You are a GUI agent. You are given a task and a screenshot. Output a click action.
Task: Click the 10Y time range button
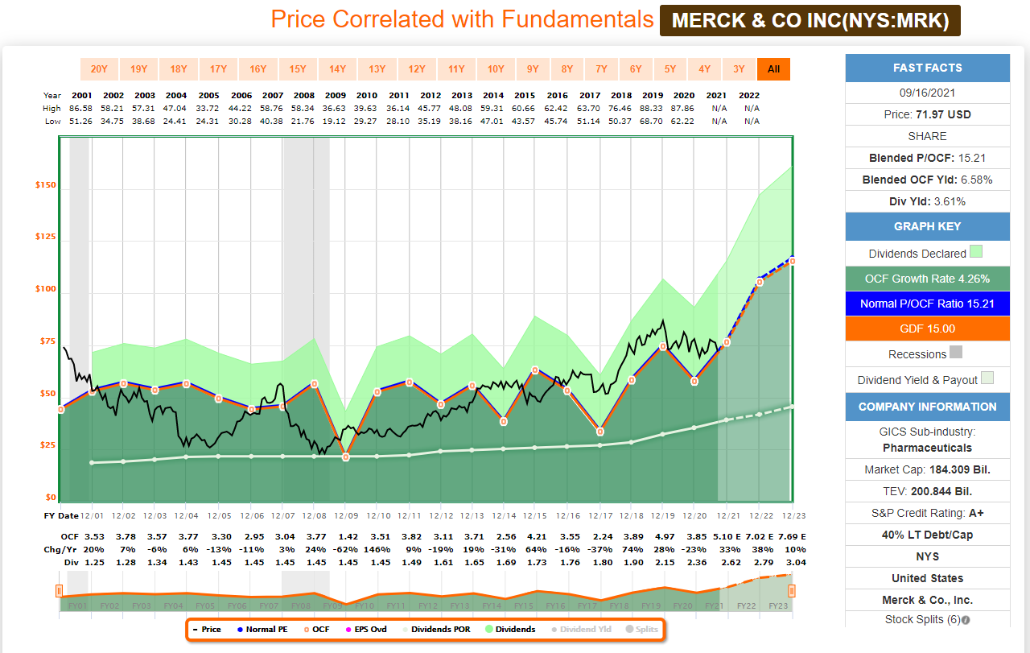tap(495, 69)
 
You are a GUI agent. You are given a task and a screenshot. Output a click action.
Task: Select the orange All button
tap(773, 69)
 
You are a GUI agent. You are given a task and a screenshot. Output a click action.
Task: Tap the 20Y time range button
tap(99, 69)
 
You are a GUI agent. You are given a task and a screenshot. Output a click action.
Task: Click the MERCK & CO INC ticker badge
tap(810, 20)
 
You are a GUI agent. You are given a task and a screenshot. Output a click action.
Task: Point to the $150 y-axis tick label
tap(45, 186)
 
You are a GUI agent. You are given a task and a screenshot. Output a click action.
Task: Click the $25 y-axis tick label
tap(45, 445)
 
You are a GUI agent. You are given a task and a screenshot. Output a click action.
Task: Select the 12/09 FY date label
tap(345, 515)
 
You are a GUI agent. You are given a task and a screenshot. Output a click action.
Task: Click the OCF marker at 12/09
tap(346, 457)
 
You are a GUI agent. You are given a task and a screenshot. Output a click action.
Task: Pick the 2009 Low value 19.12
tap(335, 121)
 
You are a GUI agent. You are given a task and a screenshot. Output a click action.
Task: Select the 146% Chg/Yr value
tap(380, 549)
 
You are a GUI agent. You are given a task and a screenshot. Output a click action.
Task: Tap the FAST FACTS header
tap(927, 68)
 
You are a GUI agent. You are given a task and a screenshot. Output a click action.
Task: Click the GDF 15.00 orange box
tap(927, 329)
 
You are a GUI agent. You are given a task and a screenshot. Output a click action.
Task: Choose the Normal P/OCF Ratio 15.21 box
tap(927, 304)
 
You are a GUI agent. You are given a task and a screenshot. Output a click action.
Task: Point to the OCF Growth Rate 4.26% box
tap(927, 279)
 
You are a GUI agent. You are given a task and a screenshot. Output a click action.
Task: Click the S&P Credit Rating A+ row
tap(927, 513)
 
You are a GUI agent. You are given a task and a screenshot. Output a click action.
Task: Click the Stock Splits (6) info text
tap(927, 620)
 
